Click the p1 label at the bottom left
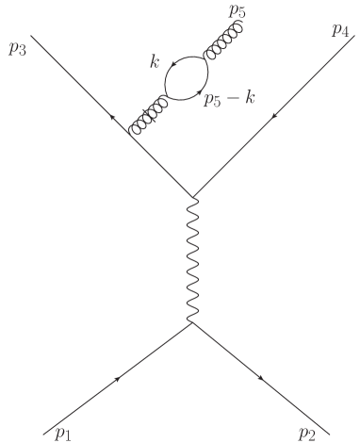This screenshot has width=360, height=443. [63, 433]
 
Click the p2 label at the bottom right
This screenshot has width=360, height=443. [306, 433]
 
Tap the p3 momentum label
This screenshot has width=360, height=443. [17, 47]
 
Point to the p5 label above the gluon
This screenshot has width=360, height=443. [237, 12]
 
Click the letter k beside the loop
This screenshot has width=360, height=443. [155, 63]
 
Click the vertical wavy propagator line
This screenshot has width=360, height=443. [193, 261]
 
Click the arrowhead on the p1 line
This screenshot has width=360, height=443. [119, 378]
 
